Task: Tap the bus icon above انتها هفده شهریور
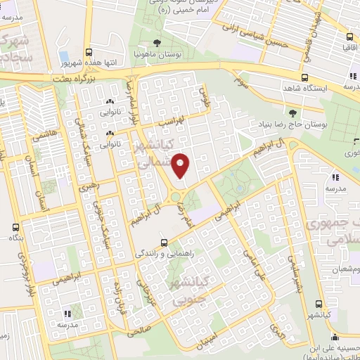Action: pyautogui.click(x=89, y=51)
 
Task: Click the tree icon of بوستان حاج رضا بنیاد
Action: pyautogui.click(x=292, y=112)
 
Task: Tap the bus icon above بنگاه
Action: pyautogui.click(x=16, y=227)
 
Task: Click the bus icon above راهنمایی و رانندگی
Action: pyautogui.click(x=163, y=238)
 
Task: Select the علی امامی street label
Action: pyautogui.click(x=251, y=260)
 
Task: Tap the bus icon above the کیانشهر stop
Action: pyautogui.click(x=320, y=304)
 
